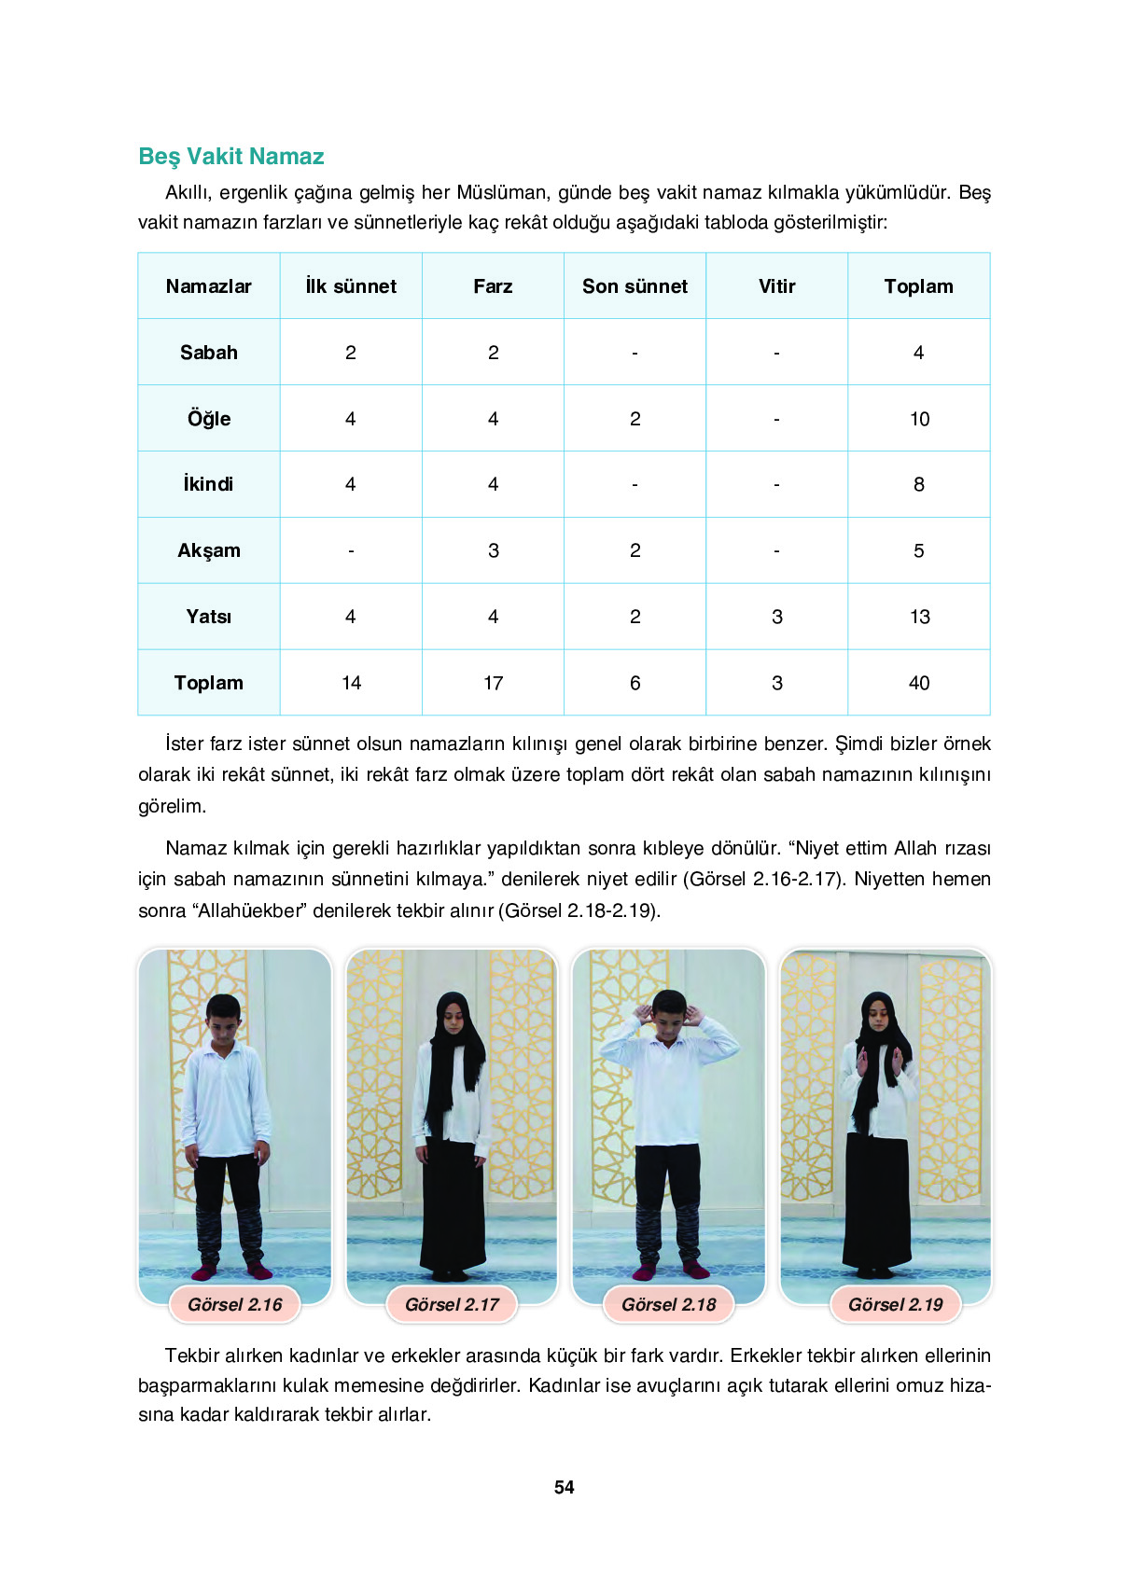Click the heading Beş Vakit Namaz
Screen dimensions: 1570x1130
click(x=231, y=157)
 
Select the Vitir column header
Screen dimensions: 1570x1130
click(x=776, y=286)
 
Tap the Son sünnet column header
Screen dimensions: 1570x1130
click(x=635, y=286)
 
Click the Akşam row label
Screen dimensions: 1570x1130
click(x=209, y=550)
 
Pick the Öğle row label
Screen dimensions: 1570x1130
click(x=209, y=419)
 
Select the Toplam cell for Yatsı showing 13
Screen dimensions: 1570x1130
click(x=919, y=617)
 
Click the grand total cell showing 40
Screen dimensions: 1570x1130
click(x=919, y=683)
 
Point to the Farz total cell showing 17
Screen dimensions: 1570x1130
click(x=493, y=683)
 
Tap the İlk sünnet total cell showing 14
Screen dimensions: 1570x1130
click(x=351, y=683)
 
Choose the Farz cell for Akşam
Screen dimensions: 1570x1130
click(x=493, y=550)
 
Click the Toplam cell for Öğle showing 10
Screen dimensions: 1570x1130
click(x=919, y=419)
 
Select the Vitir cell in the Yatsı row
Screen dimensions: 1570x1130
click(x=776, y=617)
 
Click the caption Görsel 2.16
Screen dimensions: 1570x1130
click(x=235, y=1304)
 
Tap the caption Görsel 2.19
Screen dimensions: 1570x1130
click(x=896, y=1304)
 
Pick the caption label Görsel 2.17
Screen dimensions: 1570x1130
click(x=453, y=1304)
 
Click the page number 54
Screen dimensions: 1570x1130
click(x=565, y=1488)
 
